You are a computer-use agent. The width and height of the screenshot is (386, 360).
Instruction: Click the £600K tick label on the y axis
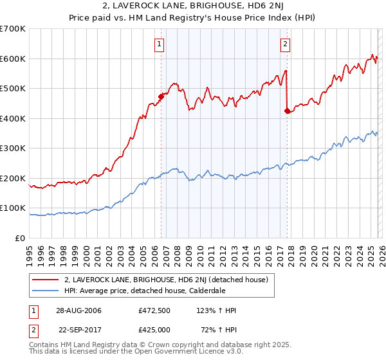tap(13, 59)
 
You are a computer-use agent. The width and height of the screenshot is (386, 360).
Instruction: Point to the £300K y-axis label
tap(13, 148)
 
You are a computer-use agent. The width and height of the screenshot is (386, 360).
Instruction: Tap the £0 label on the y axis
tap(19, 239)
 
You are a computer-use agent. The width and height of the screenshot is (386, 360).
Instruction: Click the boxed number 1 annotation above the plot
tap(159, 44)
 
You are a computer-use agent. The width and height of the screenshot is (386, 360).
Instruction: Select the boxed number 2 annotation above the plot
tap(284, 44)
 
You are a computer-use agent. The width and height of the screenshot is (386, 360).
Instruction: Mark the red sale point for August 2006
tap(161, 97)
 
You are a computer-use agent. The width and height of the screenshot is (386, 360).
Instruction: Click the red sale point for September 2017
tap(286, 111)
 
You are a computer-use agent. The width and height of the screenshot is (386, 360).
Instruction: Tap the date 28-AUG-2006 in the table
tap(78, 310)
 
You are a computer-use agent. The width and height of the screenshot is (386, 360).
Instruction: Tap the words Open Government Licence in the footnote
tap(194, 353)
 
